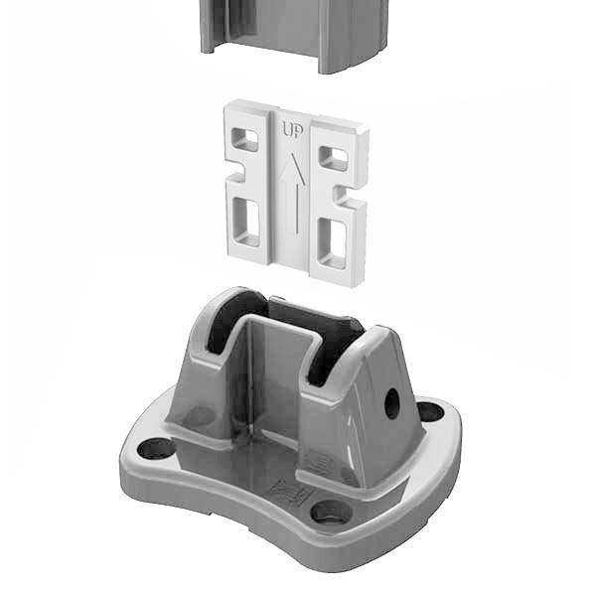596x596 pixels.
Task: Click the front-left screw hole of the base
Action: [156, 448]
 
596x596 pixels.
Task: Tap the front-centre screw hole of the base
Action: [331, 513]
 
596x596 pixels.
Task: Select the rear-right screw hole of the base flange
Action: [430, 411]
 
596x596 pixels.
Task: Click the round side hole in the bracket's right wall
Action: [391, 402]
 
